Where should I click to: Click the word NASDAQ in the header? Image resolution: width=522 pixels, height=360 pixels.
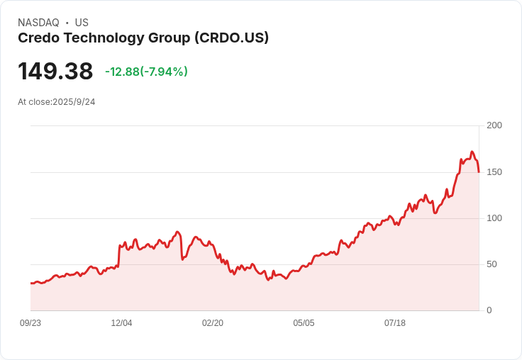click(38, 23)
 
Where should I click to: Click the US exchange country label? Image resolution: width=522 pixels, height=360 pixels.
click(82, 23)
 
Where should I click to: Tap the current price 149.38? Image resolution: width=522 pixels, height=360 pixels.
click(55, 71)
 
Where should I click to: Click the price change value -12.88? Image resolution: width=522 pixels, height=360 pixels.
click(121, 72)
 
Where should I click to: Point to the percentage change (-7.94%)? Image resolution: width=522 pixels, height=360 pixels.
click(164, 72)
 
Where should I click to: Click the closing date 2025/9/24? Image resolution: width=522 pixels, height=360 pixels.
click(74, 102)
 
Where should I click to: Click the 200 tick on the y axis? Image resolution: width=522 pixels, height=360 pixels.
click(494, 125)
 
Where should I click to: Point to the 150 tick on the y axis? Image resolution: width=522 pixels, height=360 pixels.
click(494, 171)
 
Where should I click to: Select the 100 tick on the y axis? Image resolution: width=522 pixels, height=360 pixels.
click(494, 218)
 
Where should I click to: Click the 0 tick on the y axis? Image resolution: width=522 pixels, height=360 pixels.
click(489, 310)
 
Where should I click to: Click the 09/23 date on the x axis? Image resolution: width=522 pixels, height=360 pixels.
click(30, 323)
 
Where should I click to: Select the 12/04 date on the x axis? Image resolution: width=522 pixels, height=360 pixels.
click(121, 323)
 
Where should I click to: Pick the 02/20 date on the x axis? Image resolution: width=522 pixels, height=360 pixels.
click(213, 323)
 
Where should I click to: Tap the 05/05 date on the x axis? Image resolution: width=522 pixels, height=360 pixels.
click(304, 323)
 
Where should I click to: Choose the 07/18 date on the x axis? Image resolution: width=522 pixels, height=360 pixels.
click(395, 323)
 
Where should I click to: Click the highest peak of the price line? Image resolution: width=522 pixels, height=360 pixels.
click(472, 152)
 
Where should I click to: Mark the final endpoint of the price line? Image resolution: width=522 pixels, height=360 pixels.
click(479, 172)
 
